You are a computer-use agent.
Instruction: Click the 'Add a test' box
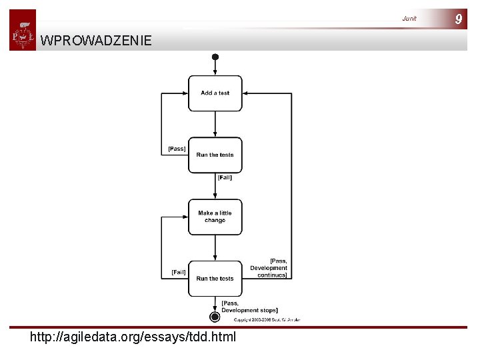215,93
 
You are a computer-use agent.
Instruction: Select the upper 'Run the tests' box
215,155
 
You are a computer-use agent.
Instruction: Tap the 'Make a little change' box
215,217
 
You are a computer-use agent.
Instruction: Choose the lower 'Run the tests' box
215,278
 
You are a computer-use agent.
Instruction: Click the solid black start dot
215,57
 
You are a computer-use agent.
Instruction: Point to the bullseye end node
215,317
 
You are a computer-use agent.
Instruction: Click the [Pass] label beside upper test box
177,149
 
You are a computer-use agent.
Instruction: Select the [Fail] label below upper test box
225,177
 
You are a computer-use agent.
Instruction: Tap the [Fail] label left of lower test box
179,272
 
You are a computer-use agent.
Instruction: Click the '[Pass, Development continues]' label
269,268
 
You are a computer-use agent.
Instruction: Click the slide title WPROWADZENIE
96,41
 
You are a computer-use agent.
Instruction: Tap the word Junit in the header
409,19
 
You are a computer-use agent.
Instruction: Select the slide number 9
458,19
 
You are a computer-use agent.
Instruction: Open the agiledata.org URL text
133,337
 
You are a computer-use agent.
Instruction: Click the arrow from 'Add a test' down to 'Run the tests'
215,124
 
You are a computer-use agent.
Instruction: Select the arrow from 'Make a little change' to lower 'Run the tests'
215,247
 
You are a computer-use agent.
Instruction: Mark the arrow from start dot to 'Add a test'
215,67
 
